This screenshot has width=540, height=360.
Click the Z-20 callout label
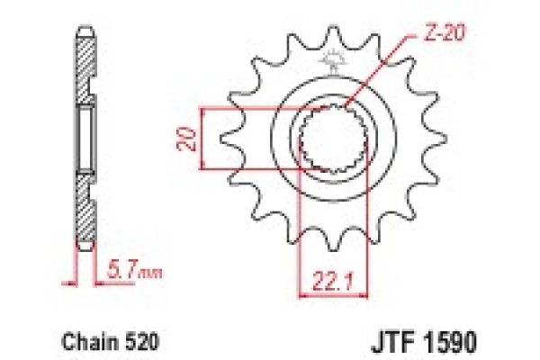[444, 33]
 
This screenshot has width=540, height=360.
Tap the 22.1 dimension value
[333, 282]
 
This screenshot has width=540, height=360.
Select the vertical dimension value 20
[186, 139]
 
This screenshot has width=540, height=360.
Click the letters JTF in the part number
[391, 342]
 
